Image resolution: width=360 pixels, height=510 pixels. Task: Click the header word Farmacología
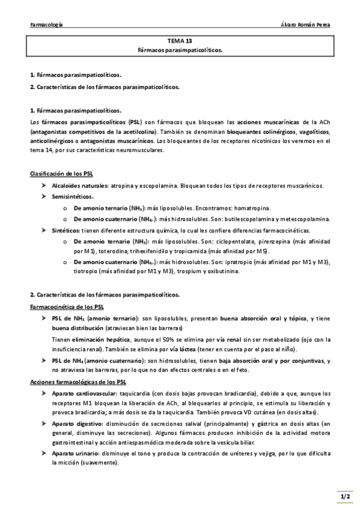tap(46, 25)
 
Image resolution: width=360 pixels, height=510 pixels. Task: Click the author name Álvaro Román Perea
tap(305, 25)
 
